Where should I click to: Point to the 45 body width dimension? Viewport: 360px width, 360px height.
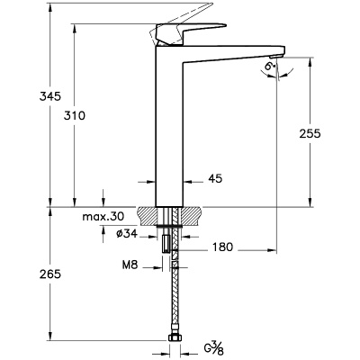click(215, 179)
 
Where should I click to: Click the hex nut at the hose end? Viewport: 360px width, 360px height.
click(177, 339)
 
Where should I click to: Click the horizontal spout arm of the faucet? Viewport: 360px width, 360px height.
click(234, 54)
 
